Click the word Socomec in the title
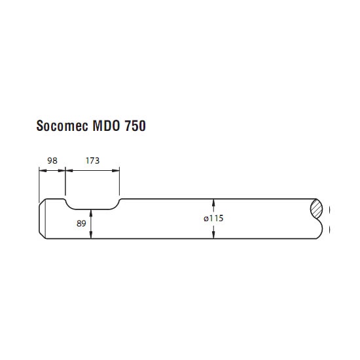pyautogui.click(x=62, y=126)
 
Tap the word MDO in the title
pyautogui.click(x=106, y=126)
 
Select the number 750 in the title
pyautogui.click(x=135, y=126)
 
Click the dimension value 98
pyautogui.click(x=52, y=160)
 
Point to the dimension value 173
pyautogui.click(x=92, y=160)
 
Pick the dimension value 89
pyautogui.click(x=81, y=223)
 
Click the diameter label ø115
pyautogui.click(x=213, y=218)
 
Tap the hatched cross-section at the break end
pyautogui.click(x=316, y=209)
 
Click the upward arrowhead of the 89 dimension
pyautogui.click(x=91, y=213)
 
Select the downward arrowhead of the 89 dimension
pyautogui.click(x=91, y=235)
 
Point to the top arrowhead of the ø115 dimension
pyautogui.click(x=213, y=202)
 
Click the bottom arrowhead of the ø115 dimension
pyautogui.click(x=213, y=235)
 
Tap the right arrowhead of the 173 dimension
pyautogui.click(x=116, y=170)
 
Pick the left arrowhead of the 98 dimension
pyautogui.click(x=43, y=170)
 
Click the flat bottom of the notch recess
pyautogui.click(x=92, y=209)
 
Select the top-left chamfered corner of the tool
pyautogui.click(x=43, y=202)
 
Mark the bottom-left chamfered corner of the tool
pyautogui.click(x=43, y=236)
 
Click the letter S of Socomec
pyautogui.click(x=40, y=126)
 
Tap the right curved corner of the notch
pyautogui.click(x=117, y=205)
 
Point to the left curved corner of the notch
pyautogui.click(x=69, y=205)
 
